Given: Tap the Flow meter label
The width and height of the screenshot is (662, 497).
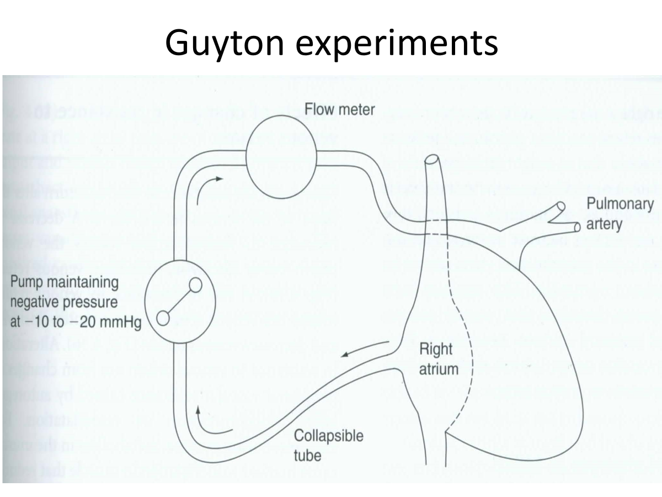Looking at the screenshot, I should pos(340,109).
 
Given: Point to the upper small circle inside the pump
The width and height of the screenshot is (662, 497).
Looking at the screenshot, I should pos(195,285).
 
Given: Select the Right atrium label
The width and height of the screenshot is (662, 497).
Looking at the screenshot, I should pos(439,359).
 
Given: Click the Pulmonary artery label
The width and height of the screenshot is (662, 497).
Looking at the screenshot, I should pos(620,214).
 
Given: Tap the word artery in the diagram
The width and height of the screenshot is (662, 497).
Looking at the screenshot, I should pos(605,225).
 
